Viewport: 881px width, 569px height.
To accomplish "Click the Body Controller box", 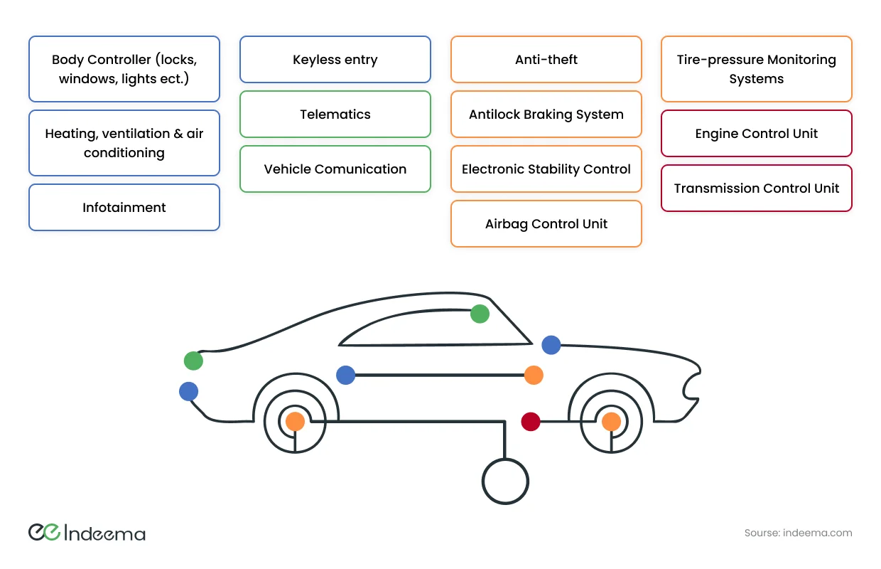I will (124, 69).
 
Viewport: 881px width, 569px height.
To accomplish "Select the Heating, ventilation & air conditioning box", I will (124, 143).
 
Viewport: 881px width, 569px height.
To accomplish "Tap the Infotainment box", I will (124, 208).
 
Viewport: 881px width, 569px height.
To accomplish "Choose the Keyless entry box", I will (335, 60).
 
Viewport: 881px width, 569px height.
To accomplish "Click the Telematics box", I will (335, 115).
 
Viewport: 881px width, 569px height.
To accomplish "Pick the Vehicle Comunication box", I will (335, 169).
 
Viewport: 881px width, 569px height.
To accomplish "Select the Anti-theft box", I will (546, 60).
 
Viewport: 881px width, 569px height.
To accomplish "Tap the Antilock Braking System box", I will (546, 115).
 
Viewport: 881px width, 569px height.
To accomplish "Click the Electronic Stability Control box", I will (546, 169).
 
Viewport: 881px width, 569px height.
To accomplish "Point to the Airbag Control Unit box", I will (546, 224).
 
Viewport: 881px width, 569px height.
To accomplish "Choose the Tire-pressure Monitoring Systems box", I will (757, 69).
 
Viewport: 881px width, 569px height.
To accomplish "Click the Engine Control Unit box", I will (757, 134).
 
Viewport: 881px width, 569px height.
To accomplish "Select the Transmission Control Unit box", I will (757, 188).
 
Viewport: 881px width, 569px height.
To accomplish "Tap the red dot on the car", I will (531, 422).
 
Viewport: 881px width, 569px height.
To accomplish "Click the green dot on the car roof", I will (480, 314).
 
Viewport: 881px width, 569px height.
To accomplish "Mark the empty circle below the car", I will (506, 482).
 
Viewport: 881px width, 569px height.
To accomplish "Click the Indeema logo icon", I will (44, 532).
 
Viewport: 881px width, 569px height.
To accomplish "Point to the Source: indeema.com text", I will (798, 533).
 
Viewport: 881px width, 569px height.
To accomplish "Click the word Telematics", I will (335, 115).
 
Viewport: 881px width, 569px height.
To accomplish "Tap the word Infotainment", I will (124, 208).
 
